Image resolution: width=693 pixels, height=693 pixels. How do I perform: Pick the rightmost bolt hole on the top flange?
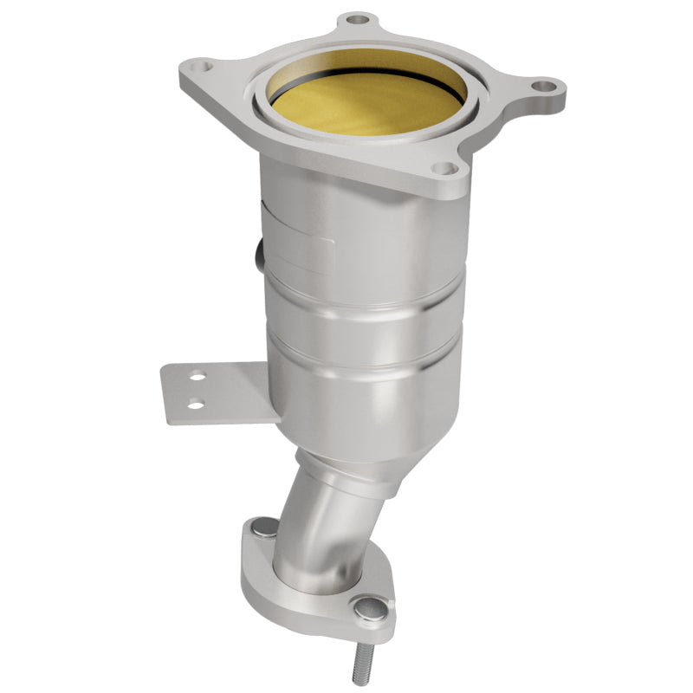[x=542, y=86]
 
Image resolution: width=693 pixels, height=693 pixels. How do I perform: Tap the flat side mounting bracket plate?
[x=217, y=392]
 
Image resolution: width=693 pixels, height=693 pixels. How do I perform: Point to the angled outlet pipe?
[x=325, y=520]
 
